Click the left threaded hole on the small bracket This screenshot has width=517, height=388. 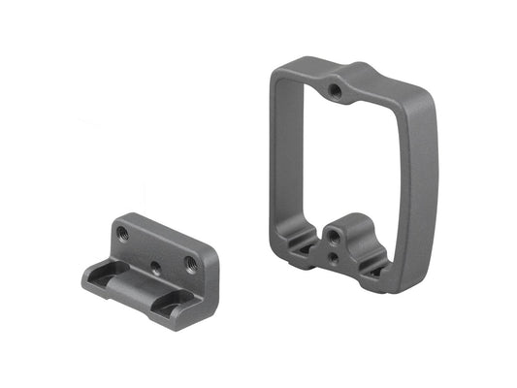(122, 233)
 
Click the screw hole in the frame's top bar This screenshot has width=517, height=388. (335, 91)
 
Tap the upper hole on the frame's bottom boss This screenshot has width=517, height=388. (334, 236)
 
